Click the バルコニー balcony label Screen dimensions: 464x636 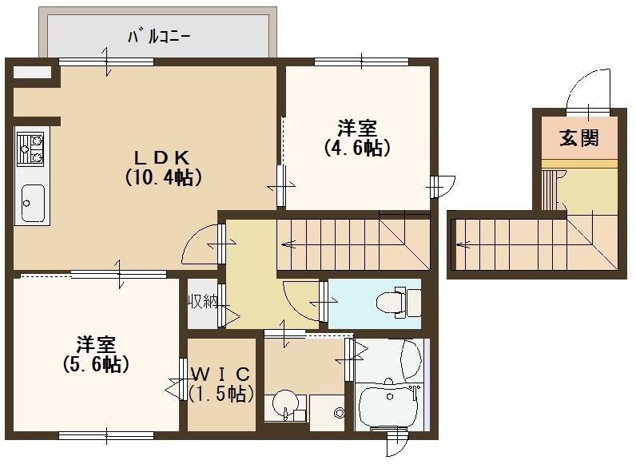click(159, 37)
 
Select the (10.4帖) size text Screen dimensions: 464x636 click(162, 177)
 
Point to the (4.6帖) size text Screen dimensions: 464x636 click(356, 148)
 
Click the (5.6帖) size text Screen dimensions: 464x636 click(97, 364)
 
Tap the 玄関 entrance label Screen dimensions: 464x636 click(578, 137)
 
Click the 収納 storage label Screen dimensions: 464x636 click(203, 301)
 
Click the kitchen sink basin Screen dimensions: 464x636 click(34, 203)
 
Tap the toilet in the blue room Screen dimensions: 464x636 click(395, 302)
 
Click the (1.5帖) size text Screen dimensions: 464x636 click(221, 393)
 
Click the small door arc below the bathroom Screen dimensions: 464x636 click(397, 444)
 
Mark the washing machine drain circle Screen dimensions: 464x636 click(339, 412)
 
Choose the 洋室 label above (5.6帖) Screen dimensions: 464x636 click(97, 345)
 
